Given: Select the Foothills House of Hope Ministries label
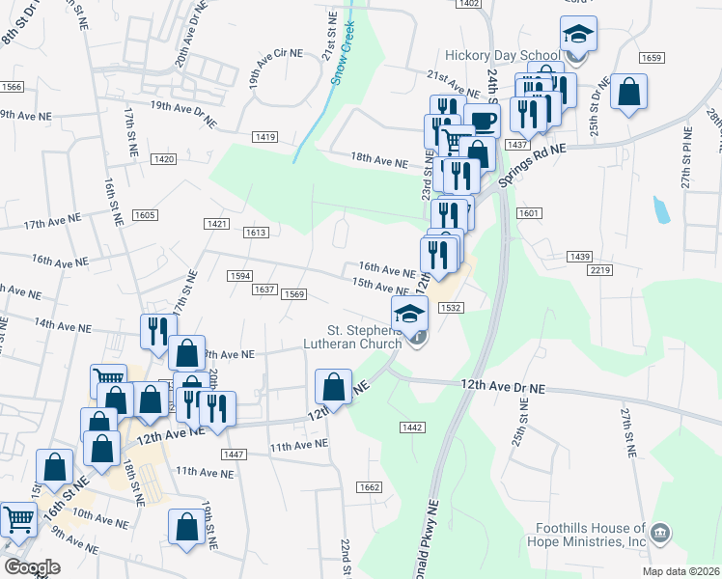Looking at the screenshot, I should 590,535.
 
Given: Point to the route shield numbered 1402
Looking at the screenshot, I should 469,4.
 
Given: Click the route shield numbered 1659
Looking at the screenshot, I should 652,58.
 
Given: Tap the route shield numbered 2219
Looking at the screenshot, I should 599,271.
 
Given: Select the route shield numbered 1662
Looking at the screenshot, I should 368,487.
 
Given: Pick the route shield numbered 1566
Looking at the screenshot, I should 12,87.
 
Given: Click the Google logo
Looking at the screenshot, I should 32,566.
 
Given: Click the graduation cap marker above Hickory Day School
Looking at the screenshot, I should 578,36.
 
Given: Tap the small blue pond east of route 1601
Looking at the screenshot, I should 660,208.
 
